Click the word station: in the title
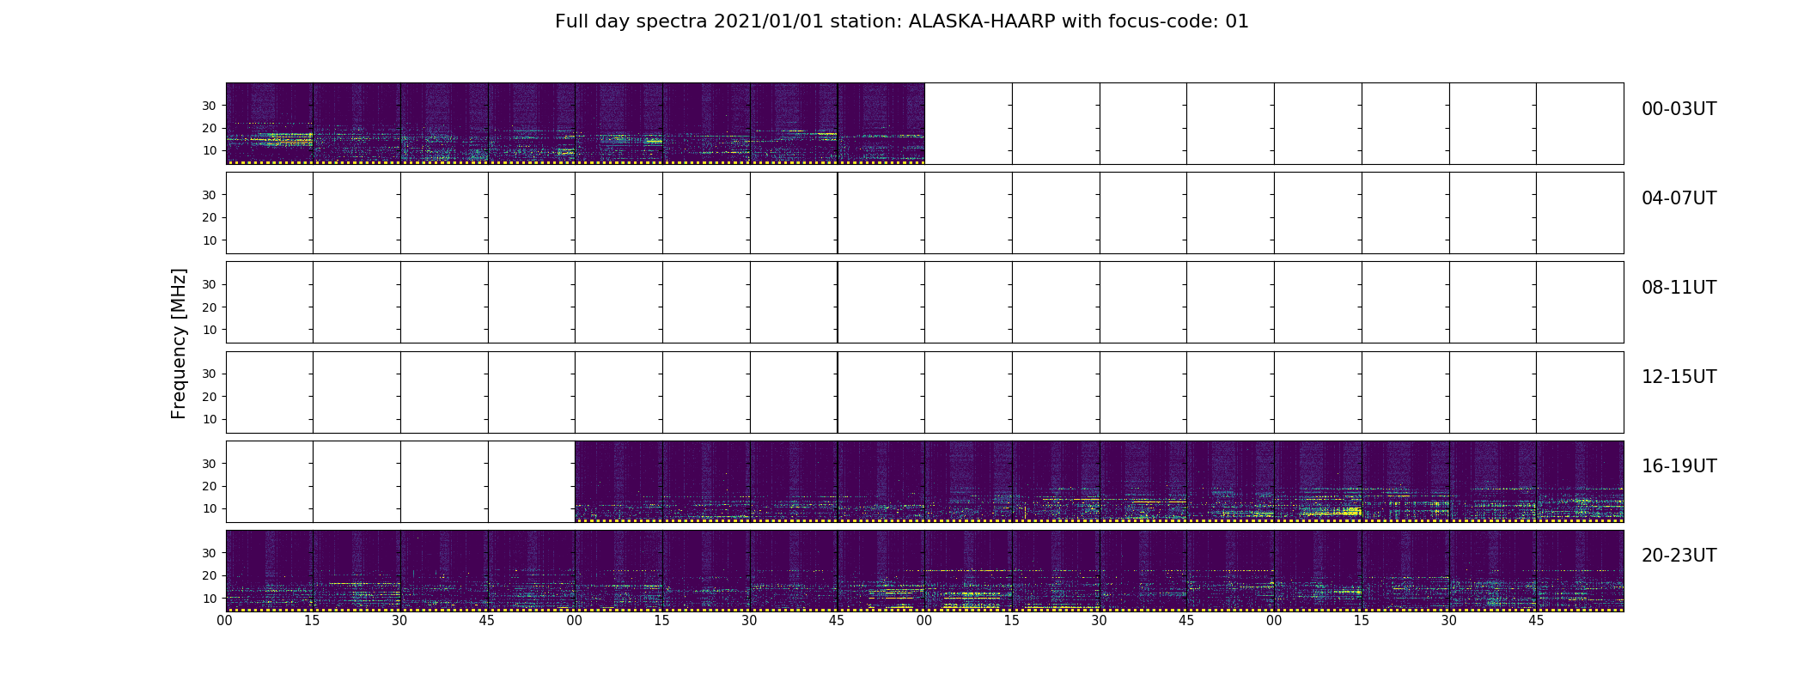[x=855, y=21]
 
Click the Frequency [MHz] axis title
[x=179, y=344]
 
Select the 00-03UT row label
[x=1679, y=109]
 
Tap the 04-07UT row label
[x=1679, y=198]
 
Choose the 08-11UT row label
[x=1679, y=288]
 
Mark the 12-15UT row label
[x=1679, y=377]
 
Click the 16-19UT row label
[x=1679, y=466]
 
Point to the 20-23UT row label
[x=1679, y=556]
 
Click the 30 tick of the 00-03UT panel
[x=210, y=106]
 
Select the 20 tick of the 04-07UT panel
[x=210, y=217]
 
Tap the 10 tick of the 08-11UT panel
[x=210, y=330]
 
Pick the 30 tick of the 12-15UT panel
[x=210, y=374]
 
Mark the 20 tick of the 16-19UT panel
[x=210, y=486]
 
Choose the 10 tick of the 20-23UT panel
[x=210, y=598]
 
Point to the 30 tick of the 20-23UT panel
[x=210, y=553]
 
